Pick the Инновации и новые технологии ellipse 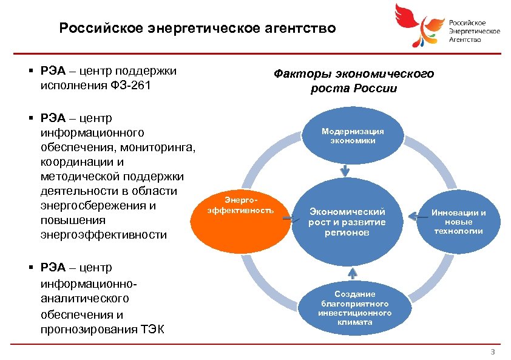click(x=458, y=222)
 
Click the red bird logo click(x=416, y=24)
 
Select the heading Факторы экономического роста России click(x=354, y=81)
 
